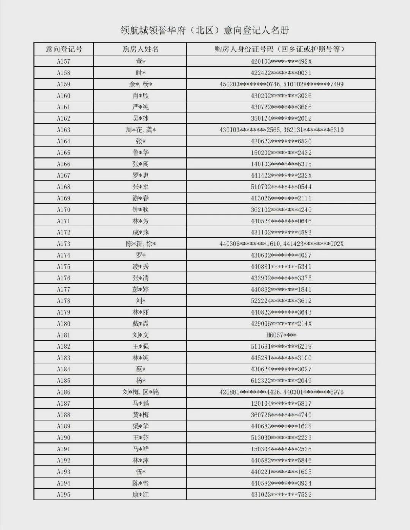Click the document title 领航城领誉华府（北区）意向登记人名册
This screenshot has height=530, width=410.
[x=205, y=30]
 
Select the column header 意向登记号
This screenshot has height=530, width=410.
[x=64, y=49]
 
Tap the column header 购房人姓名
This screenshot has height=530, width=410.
[x=140, y=49]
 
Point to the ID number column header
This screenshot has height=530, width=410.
[x=281, y=49]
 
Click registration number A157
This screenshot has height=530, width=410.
[x=64, y=61]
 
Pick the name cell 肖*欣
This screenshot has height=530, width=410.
[x=140, y=96]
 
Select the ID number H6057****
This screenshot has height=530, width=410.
[x=281, y=335]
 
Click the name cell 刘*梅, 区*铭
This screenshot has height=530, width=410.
[x=140, y=392]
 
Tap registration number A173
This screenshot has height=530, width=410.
[x=64, y=244]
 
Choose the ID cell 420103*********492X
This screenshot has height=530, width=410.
[x=281, y=61]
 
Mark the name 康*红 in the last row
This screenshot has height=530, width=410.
[x=140, y=495]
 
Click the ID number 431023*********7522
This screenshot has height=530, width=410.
[x=281, y=495]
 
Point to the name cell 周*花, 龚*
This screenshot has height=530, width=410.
[x=140, y=130]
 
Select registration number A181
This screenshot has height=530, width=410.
[x=64, y=335]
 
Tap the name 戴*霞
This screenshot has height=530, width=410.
[x=140, y=324]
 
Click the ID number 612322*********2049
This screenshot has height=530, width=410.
[x=281, y=381]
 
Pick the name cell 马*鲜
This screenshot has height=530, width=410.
[x=140, y=449]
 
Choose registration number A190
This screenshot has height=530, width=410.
[x=64, y=438]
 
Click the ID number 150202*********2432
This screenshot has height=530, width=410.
[x=281, y=153]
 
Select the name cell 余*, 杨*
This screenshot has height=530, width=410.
[x=140, y=84]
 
